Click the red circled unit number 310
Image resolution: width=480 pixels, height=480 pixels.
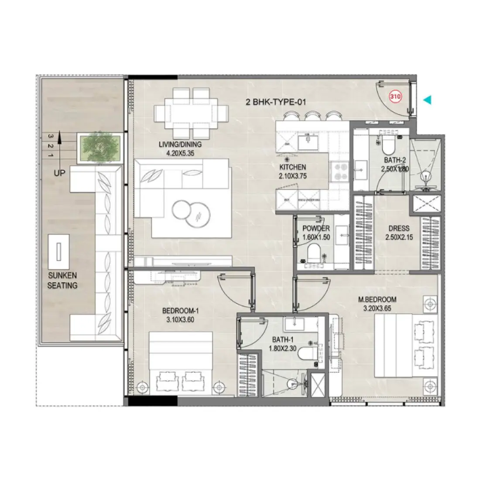pos(395,96)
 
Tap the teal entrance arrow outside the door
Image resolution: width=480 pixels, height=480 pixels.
pos(428,100)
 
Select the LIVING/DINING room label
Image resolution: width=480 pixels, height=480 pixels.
pos(180,145)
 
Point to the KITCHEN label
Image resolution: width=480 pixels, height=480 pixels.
pos(293,167)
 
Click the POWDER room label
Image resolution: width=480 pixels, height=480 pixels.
pos(316,228)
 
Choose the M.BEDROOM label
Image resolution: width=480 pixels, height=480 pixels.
pos(377,299)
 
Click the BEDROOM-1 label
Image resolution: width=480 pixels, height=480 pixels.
pos(180,311)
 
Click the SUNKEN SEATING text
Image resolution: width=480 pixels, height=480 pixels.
pos(62,281)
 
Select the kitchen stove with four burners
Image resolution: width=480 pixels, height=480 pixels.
pos(339,171)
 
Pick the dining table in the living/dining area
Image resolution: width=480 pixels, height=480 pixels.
pos(191,113)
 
